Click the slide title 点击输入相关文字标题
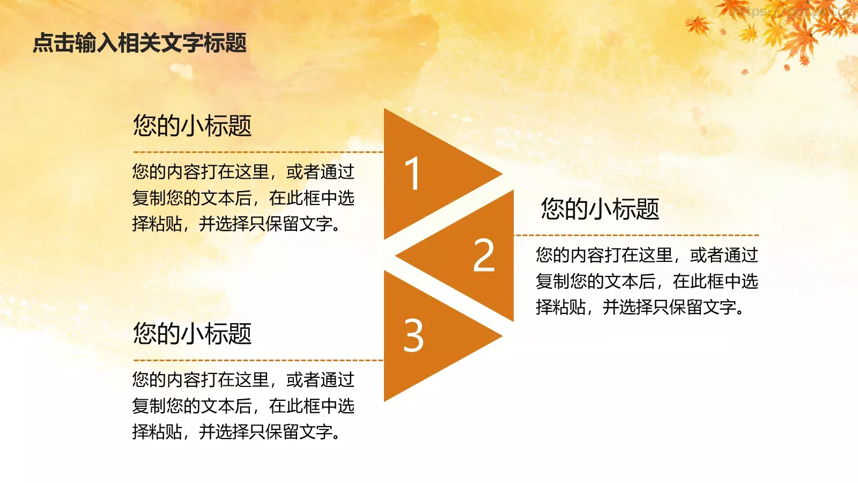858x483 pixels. click(139, 43)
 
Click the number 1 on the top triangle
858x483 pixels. click(412, 173)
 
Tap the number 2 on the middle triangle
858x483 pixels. click(484, 255)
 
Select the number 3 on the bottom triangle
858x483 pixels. click(413, 336)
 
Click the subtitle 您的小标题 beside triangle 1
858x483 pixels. click(192, 126)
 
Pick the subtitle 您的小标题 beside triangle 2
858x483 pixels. click(600, 209)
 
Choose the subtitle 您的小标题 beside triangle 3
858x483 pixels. click(192, 333)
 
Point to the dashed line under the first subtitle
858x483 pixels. click(257, 152)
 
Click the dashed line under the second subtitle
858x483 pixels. click(636, 235)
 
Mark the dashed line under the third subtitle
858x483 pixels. click(257, 360)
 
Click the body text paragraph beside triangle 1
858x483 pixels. click(243, 197)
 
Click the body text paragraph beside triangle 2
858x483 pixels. click(646, 281)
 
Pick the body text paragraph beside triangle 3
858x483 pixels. click(243, 406)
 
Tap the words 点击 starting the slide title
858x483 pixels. click(54, 43)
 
